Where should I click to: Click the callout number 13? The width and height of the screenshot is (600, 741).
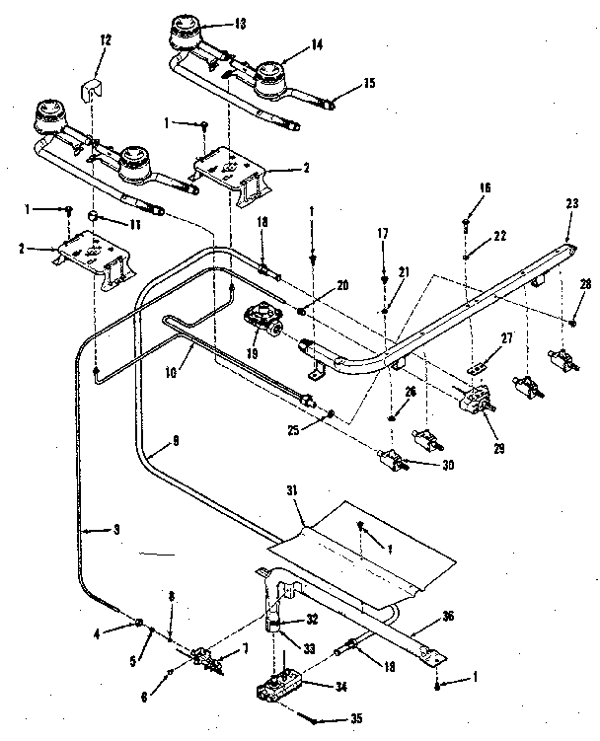pos(240,23)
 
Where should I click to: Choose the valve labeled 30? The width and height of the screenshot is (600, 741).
pos(391,461)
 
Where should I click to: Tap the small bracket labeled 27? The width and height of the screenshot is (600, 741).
pos(478,368)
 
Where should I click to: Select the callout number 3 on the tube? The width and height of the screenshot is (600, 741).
pos(115,530)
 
